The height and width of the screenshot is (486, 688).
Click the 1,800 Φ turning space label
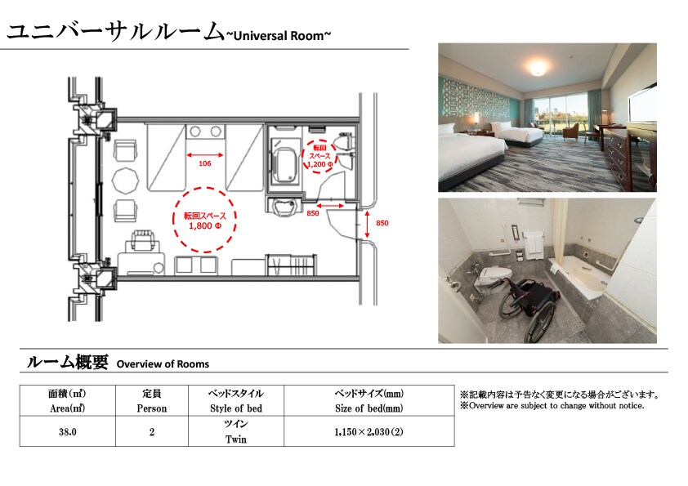pyautogui.click(x=205, y=226)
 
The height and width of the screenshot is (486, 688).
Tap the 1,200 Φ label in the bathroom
pyautogui.click(x=319, y=164)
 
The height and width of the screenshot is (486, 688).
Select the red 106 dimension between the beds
pyautogui.click(x=205, y=163)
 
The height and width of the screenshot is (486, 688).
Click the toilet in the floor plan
pyautogui.click(x=342, y=144)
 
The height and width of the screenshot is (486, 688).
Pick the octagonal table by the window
pyautogui.click(x=126, y=181)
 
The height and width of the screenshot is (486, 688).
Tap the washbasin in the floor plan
pyautogui.click(x=284, y=207)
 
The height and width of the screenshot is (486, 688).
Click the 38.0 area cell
pyautogui.click(x=68, y=431)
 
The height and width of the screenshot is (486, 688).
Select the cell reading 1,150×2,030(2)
pyautogui.click(x=369, y=431)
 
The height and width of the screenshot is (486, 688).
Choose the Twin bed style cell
pyautogui.click(x=236, y=431)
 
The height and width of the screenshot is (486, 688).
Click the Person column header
pyautogui.click(x=152, y=401)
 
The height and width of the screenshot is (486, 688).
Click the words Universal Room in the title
pyautogui.click(x=278, y=35)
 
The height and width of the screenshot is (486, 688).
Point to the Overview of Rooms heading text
pyautogui.click(x=163, y=364)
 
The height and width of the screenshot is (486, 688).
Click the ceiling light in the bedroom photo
pyautogui.click(x=538, y=68)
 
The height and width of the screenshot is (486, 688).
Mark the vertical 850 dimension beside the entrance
pyautogui.click(x=382, y=223)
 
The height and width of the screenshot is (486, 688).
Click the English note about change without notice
pyautogui.click(x=552, y=406)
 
